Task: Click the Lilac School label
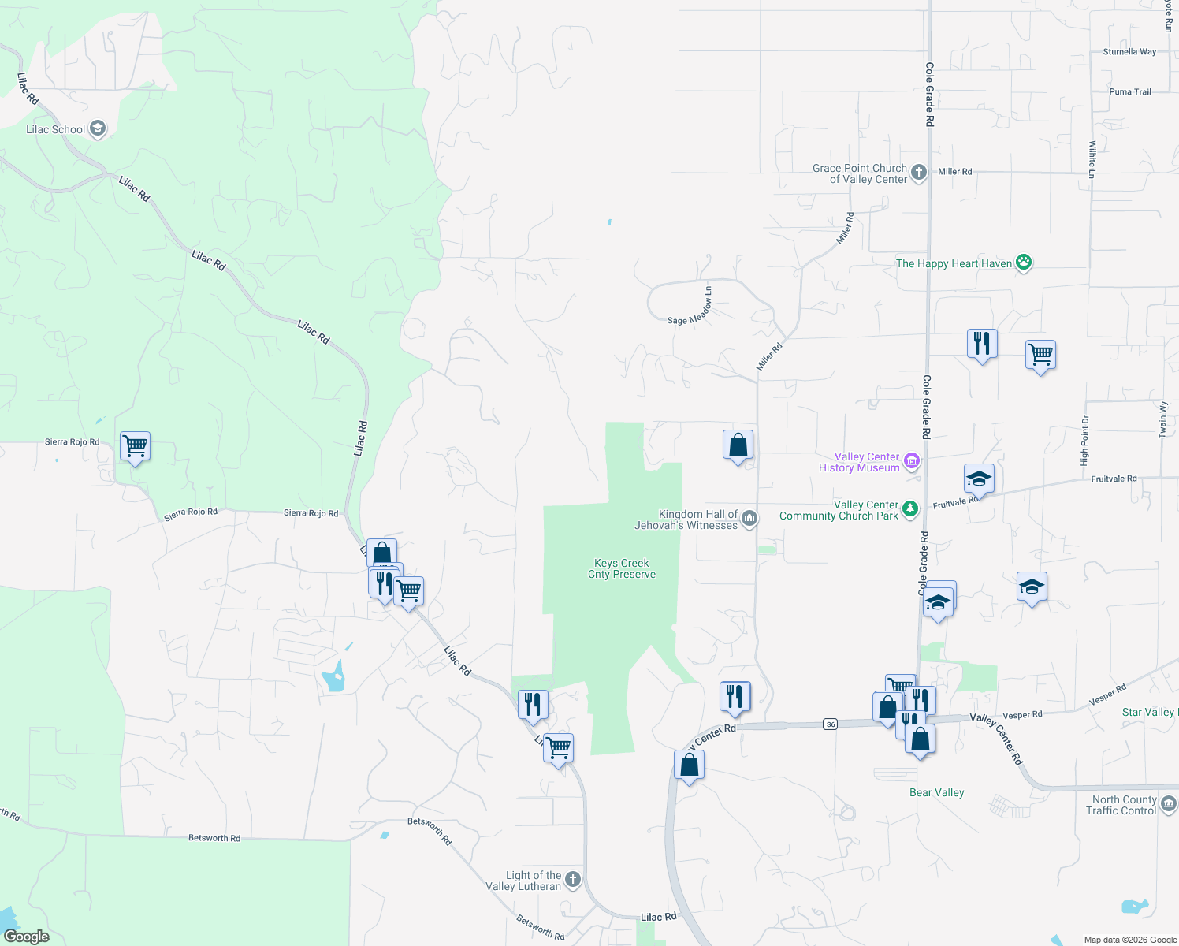[x=55, y=129]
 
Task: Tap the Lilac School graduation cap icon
[x=98, y=128]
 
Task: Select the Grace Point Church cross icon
[x=918, y=172]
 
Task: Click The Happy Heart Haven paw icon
[x=1024, y=263]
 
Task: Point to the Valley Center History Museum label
[x=859, y=462]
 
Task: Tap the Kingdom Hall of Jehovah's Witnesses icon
[x=749, y=518]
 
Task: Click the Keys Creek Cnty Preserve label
[x=622, y=568]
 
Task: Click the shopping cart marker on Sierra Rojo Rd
[x=135, y=446]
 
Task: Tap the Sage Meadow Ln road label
[x=690, y=307]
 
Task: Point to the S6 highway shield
[x=830, y=724]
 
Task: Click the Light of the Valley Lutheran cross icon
[x=573, y=879]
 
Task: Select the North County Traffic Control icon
[x=1169, y=803]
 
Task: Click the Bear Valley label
[x=936, y=792]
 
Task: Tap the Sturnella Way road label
[x=1129, y=52]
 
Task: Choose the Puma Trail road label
[x=1130, y=92]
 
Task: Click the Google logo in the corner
[x=26, y=936]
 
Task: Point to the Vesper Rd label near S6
[x=1022, y=715]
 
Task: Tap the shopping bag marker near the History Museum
[x=738, y=445]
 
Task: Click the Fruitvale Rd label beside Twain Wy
[x=1114, y=479]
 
